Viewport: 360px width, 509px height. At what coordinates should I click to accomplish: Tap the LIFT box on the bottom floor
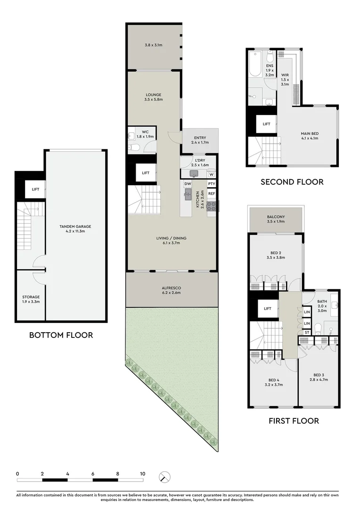pyautogui.click(x=35, y=189)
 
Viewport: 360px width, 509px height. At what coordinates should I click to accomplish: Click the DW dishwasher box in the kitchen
pyautogui.click(x=187, y=184)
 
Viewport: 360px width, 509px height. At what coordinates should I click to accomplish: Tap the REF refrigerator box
pyautogui.click(x=212, y=194)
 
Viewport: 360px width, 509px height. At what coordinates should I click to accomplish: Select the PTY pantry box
pyautogui.click(x=212, y=184)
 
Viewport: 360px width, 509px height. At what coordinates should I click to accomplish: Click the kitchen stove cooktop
pyautogui.click(x=211, y=205)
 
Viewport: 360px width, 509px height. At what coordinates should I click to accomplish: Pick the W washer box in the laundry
pyautogui.click(x=211, y=174)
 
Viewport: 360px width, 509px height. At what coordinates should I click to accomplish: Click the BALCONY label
pyautogui.click(x=276, y=219)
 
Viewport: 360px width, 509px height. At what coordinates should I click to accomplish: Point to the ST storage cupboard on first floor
pyautogui.click(x=307, y=332)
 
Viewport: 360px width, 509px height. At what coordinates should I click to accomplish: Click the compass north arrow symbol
pyautogui.click(x=164, y=476)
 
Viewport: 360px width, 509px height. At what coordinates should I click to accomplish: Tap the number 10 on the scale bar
pyautogui.click(x=142, y=474)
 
